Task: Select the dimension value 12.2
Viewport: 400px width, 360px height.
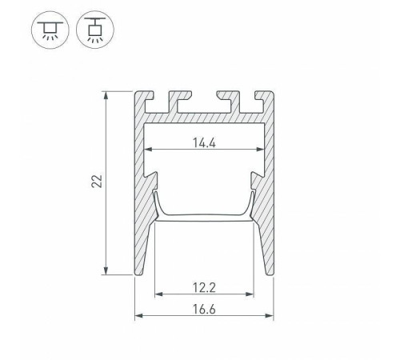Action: point(204,287)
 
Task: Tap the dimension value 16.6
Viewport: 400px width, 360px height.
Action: point(204,310)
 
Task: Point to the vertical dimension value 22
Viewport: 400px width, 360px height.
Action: point(97,182)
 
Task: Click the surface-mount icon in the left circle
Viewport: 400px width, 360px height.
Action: point(50,30)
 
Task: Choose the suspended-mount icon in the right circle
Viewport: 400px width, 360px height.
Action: point(95,30)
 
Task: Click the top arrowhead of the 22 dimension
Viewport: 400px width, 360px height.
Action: point(106,95)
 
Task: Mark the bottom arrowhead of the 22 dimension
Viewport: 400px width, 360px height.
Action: point(106,270)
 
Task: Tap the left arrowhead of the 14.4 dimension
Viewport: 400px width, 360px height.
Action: point(148,150)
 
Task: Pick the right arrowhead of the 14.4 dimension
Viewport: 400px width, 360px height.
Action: point(260,150)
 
